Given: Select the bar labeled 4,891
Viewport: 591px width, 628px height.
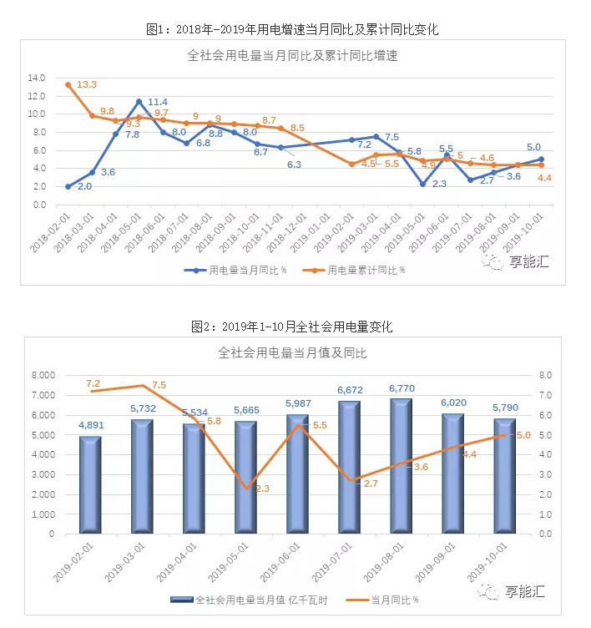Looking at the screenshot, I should (90, 484).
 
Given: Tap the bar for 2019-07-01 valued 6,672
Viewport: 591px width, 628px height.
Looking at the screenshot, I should (349, 468).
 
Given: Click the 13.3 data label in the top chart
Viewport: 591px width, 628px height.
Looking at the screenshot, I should (87, 85).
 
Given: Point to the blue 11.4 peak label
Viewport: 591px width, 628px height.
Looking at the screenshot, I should (158, 103).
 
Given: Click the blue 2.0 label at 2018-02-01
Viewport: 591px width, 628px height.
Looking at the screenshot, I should (84, 186).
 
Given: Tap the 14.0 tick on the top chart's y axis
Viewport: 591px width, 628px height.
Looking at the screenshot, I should (37, 78).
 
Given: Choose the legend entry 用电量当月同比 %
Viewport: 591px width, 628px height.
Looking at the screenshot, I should (241, 270).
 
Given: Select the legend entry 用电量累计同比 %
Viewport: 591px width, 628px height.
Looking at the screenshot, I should (364, 270).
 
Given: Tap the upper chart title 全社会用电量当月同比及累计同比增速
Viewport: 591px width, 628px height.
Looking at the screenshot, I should (291, 57).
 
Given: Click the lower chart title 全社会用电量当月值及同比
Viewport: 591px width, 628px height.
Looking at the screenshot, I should (291, 353).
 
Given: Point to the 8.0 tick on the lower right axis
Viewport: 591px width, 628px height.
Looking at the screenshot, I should (547, 375).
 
